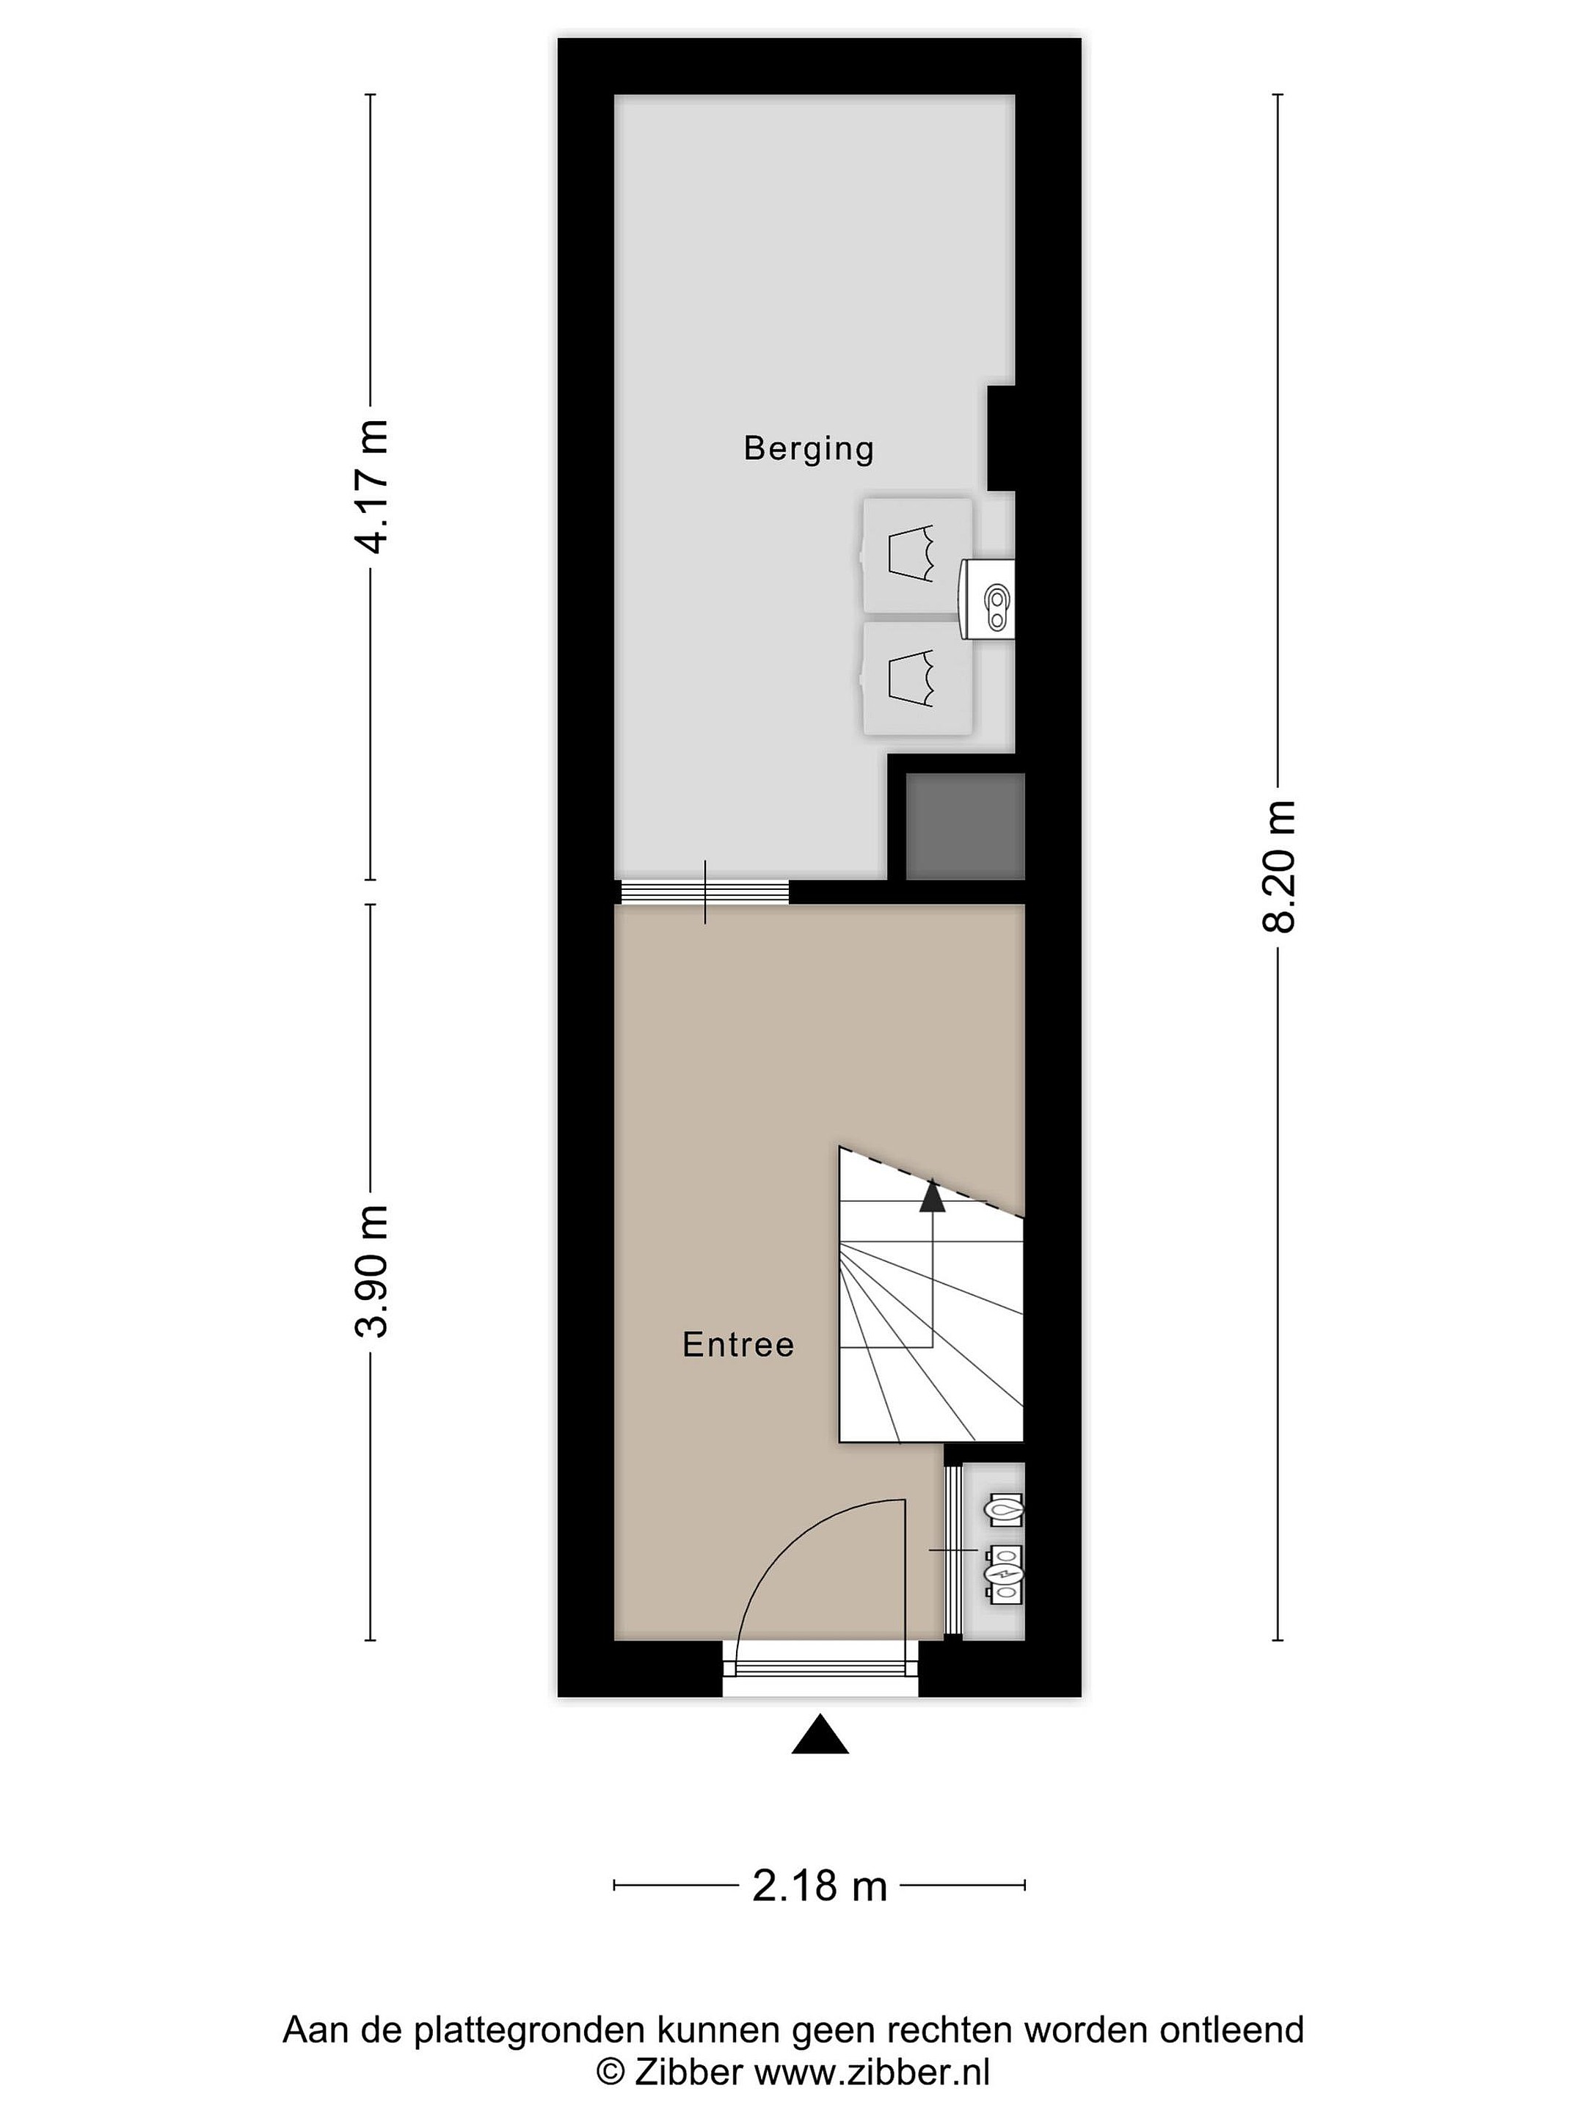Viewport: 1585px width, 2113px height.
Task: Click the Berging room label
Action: (x=808, y=449)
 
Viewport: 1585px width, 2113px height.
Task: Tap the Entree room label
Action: (x=737, y=1345)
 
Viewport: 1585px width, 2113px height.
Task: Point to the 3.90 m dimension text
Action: (x=371, y=1271)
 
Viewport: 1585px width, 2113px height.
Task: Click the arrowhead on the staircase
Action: (x=931, y=1197)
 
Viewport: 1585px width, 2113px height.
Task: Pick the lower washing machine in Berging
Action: (x=917, y=678)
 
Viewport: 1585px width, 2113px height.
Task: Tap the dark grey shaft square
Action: (x=965, y=826)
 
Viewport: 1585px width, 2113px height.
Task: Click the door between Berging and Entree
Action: (x=705, y=891)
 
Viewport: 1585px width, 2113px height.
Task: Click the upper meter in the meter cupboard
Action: (x=1003, y=1510)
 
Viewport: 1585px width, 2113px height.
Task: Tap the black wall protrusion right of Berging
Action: (x=1001, y=437)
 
